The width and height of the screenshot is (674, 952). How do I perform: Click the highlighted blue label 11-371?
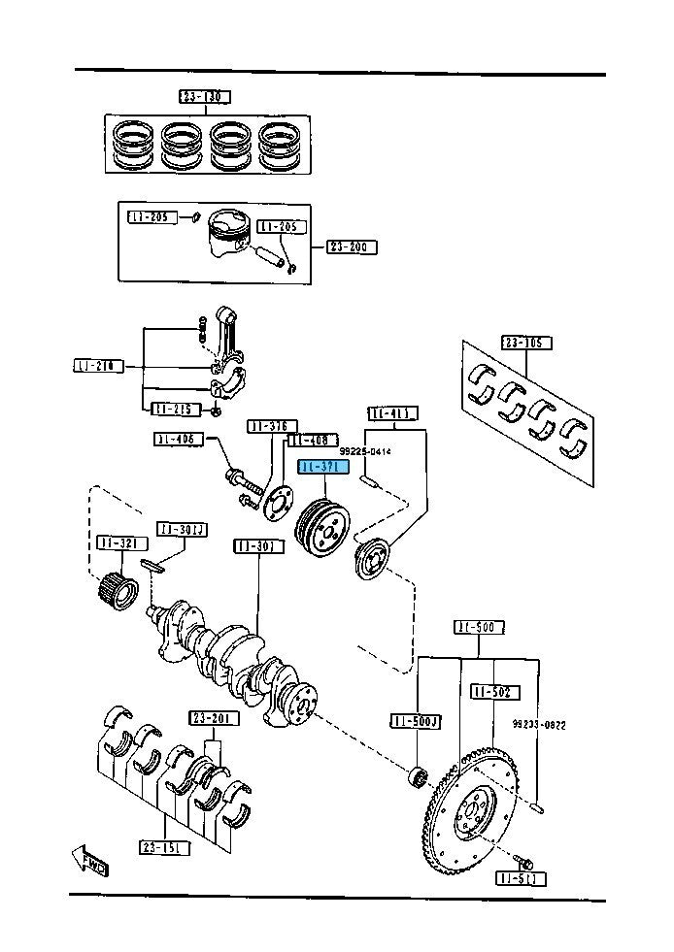pos(323,468)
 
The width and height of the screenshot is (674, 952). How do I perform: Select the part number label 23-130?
pos(204,96)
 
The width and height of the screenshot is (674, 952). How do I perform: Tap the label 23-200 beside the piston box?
pos(352,247)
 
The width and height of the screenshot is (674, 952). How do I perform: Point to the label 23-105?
pos(526,343)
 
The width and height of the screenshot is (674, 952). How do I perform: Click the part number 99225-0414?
pos(365,451)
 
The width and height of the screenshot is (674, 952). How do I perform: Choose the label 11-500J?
pos(416,721)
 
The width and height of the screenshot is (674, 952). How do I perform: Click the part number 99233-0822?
pos(539,725)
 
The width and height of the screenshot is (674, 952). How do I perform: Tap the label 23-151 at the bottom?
pos(164,846)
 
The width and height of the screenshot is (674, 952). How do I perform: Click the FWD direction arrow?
pos(89,860)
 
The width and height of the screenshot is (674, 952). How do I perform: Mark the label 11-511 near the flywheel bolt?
pos(521,879)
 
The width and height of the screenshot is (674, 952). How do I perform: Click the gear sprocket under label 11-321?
pos(117,586)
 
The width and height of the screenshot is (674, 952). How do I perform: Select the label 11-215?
pos(175,409)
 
